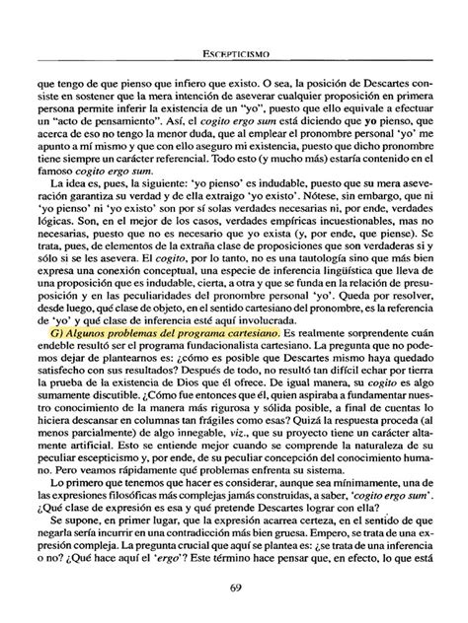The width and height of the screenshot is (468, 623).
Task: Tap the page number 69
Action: (234, 589)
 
